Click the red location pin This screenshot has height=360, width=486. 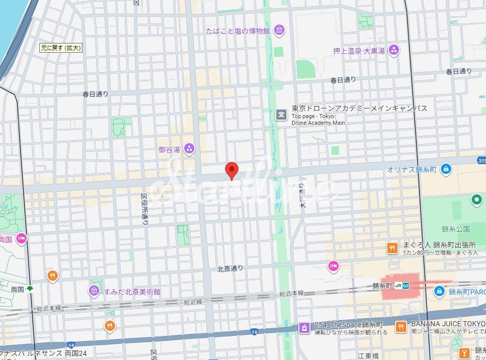pos(232,170)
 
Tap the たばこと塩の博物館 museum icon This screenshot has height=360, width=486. pos(279,31)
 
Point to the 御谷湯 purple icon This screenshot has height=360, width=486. pos(189,149)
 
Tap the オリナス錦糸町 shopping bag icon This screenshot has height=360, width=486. pos(446,168)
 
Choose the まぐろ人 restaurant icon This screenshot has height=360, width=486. pos(392,248)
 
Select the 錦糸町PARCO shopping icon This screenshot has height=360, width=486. pos(439,291)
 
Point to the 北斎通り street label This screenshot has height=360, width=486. pos(230,268)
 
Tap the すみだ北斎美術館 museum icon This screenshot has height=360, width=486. pos(94,291)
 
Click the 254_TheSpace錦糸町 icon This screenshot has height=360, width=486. pos(304,327)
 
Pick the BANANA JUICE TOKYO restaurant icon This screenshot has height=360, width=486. pos(401,326)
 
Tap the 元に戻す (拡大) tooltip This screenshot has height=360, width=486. pos(61,48)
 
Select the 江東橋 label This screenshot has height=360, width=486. pos(367,355)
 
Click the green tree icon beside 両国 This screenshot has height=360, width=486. pos(30,289)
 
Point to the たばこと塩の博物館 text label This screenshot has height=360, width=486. pos(238,31)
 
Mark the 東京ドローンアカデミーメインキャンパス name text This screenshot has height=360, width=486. pos(359,108)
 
